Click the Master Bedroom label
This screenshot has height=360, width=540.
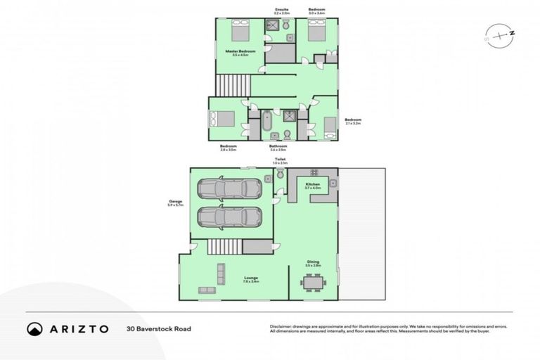(240, 51)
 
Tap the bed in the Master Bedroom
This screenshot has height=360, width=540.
(238, 32)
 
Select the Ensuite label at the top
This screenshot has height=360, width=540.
(281, 9)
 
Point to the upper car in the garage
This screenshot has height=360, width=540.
(229, 188)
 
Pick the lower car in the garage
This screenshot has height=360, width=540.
(229, 217)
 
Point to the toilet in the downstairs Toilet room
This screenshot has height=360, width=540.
(280, 173)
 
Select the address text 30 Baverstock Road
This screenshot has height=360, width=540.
(159, 328)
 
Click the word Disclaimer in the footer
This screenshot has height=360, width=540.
(281, 326)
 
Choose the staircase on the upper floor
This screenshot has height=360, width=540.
(229, 87)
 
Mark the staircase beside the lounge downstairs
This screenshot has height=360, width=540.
(224, 247)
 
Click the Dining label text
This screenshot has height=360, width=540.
(313, 263)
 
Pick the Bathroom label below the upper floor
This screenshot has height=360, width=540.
(278, 146)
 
